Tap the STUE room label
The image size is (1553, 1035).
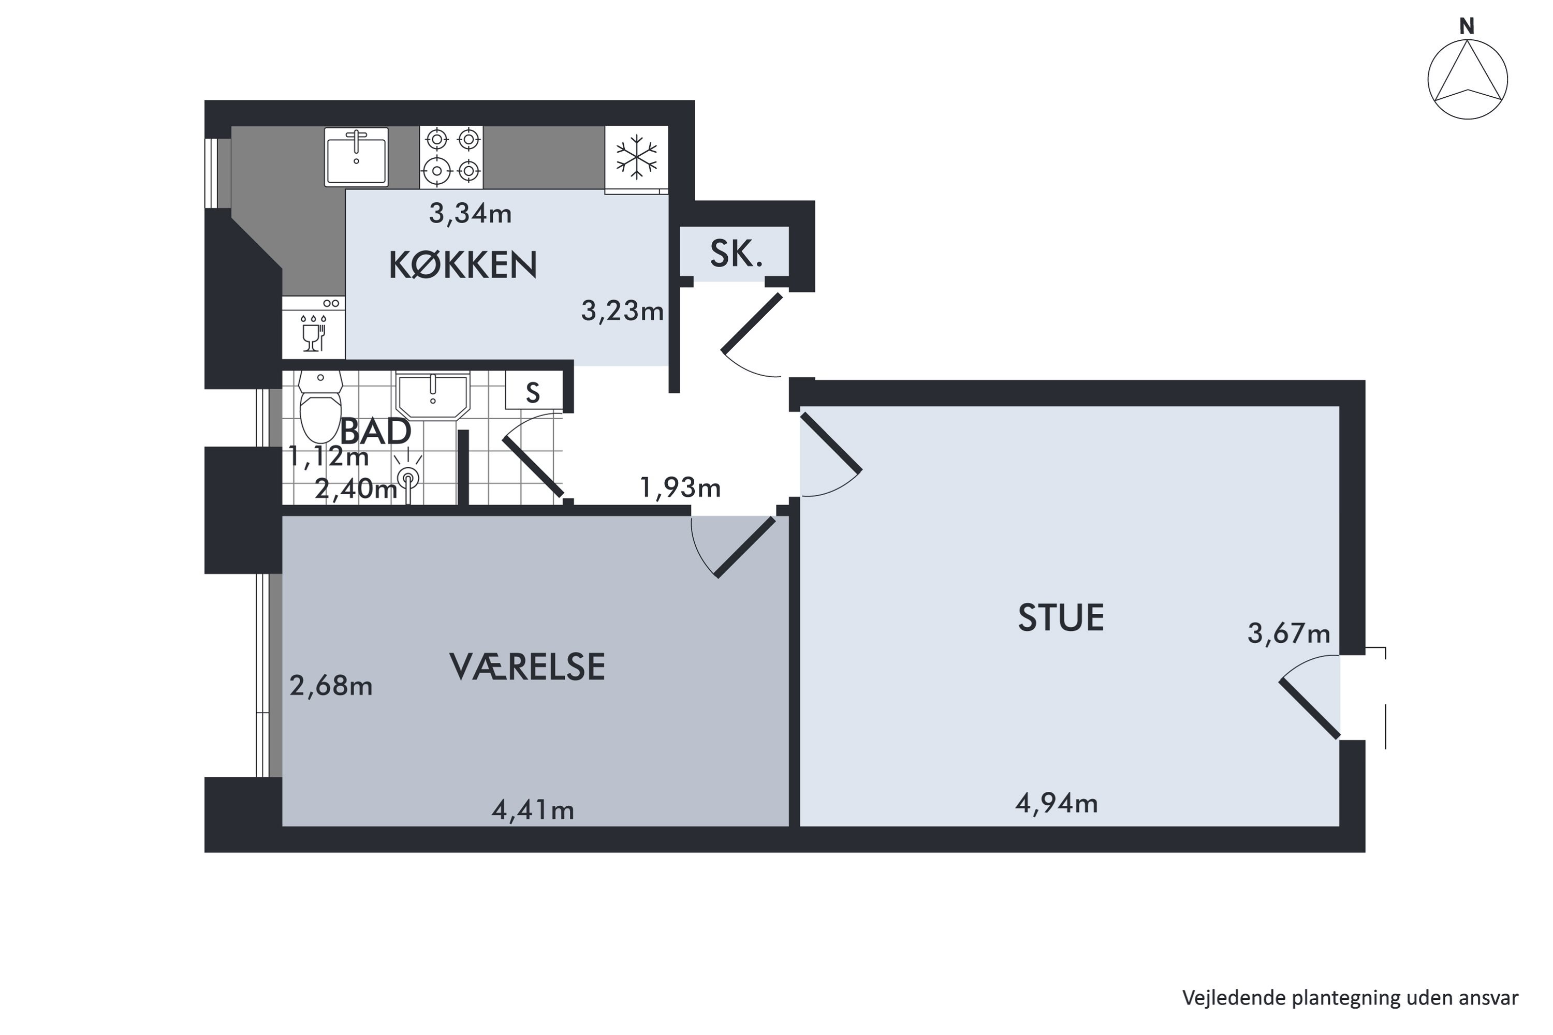coord(1061,618)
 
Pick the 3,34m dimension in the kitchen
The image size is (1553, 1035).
coord(470,213)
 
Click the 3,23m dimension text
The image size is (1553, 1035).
coord(622,310)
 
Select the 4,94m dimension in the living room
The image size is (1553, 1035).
coord(1057,803)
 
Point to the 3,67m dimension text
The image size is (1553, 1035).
coord(1289,633)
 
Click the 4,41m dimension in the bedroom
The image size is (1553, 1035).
coord(533,810)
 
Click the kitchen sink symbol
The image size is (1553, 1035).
coord(356,157)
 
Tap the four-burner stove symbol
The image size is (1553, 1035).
coord(451,157)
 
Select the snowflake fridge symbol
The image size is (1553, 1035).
coord(637,157)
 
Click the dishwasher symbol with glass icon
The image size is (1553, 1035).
coord(314,328)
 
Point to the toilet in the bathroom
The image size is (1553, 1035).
coord(320,406)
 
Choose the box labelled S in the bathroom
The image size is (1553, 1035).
coord(534,391)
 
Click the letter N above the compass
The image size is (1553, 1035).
coord(1467,26)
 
